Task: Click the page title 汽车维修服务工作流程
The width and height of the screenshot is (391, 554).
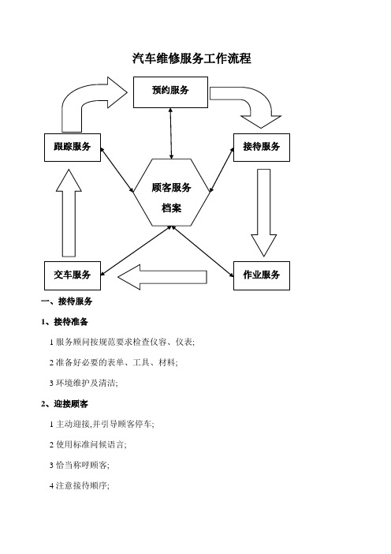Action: click(192, 58)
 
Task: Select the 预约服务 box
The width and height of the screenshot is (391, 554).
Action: click(170, 92)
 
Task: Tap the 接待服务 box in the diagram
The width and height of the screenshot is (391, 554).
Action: click(262, 148)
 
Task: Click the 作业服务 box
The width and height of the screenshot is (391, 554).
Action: click(262, 275)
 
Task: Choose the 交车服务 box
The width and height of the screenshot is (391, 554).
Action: click(73, 275)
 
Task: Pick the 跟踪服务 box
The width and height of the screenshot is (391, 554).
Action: click(73, 148)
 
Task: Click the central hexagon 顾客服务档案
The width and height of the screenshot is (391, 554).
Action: click(172, 193)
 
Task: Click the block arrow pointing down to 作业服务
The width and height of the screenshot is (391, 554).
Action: click(263, 212)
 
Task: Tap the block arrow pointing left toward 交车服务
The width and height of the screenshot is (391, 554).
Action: click(162, 277)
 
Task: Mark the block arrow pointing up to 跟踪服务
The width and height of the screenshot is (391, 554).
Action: click(69, 213)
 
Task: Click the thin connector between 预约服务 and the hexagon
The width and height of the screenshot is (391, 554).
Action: click(171, 133)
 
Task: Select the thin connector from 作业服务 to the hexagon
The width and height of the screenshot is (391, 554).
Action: click(203, 252)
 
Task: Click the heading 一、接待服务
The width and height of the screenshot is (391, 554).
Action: click(67, 301)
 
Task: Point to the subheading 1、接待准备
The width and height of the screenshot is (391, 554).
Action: click(65, 322)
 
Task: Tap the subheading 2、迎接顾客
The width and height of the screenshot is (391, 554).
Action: click(65, 404)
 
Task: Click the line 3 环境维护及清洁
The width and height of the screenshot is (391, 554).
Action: click(84, 383)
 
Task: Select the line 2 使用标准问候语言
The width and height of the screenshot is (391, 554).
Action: click(88, 444)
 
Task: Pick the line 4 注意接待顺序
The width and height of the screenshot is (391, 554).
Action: click(80, 486)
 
